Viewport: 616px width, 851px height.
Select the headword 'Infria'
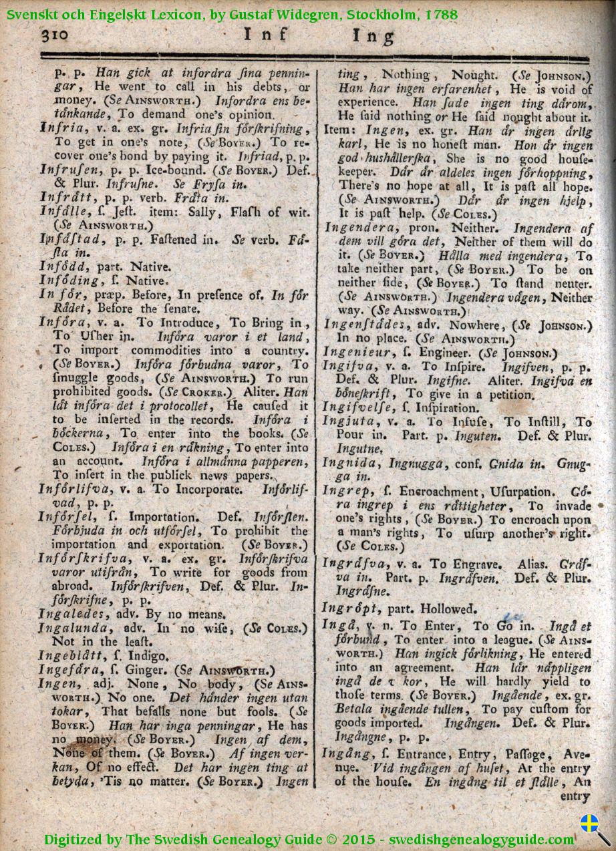[61, 128]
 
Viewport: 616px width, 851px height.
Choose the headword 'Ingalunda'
[72, 628]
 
